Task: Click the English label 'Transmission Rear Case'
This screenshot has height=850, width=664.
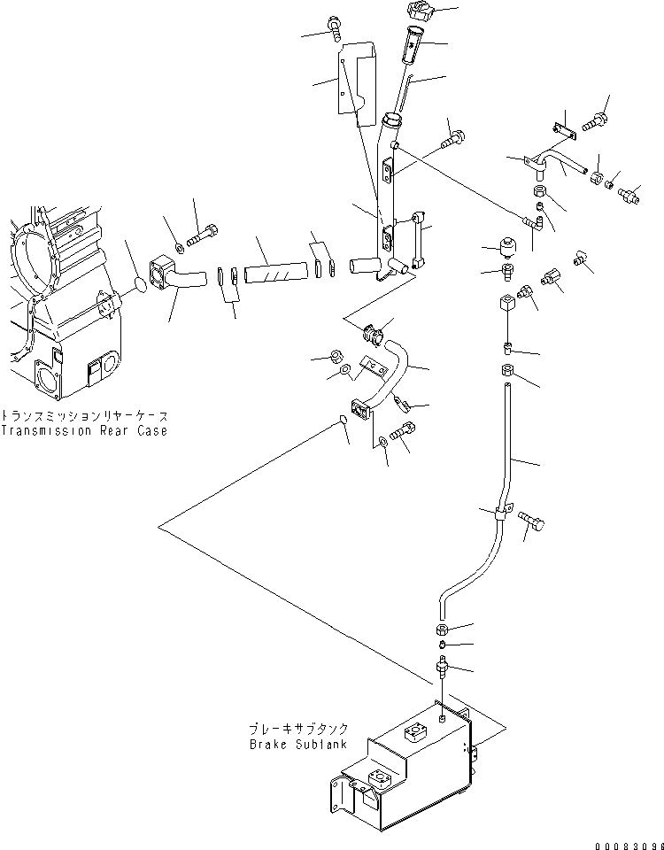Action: [x=83, y=431]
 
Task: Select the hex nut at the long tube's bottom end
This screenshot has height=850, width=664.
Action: [x=443, y=630]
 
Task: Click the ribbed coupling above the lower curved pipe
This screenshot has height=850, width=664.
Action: [x=372, y=335]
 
